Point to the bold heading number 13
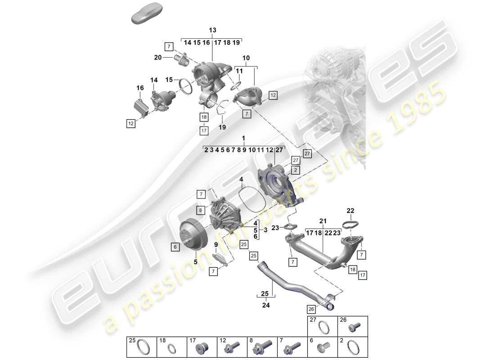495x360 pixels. (x=212, y=30)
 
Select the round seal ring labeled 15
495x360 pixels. (x=184, y=85)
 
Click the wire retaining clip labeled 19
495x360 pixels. (x=221, y=108)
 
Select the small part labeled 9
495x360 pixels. (x=219, y=258)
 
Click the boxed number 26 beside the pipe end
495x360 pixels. (x=311, y=309)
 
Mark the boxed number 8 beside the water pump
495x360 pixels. (x=200, y=210)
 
